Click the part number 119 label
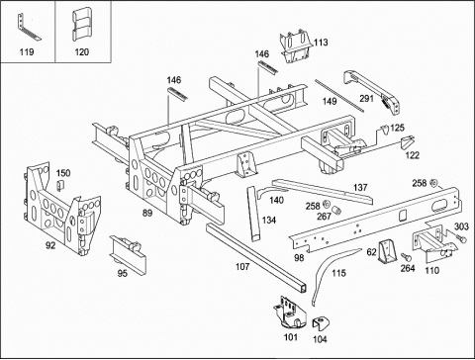(27, 51)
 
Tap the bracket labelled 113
(296, 46)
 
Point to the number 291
(366, 98)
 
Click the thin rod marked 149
(339, 96)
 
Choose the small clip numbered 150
(59, 186)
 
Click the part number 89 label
(147, 213)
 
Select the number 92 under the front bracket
(50, 245)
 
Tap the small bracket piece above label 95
(129, 253)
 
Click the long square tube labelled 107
(256, 258)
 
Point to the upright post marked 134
(254, 214)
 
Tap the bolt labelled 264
(405, 256)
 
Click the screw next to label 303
(461, 238)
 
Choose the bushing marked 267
(335, 210)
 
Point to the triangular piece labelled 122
(407, 142)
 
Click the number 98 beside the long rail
(299, 257)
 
